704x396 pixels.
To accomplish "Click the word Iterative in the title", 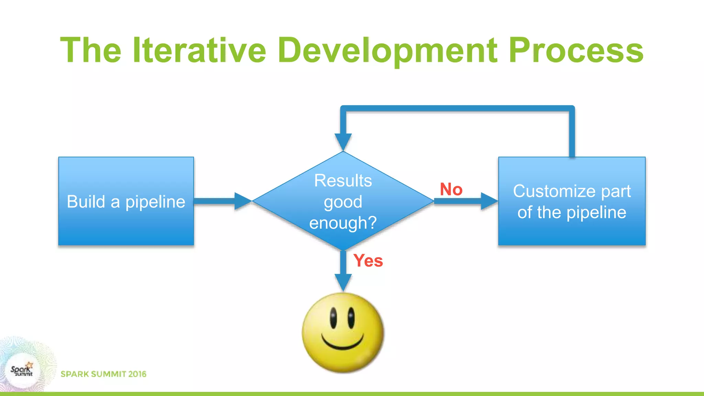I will pyautogui.click(x=199, y=51).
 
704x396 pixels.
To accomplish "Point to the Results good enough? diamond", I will pyautogui.click(x=343, y=201).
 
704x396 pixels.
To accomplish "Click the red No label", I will pyautogui.click(x=451, y=189).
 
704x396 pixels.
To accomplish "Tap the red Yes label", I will pyautogui.click(x=368, y=261).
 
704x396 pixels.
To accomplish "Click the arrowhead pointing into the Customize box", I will pyautogui.click(x=489, y=201).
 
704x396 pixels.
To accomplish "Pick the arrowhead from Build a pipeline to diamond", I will pyautogui.click(x=243, y=201).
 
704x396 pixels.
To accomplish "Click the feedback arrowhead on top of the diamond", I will pyautogui.click(x=343, y=141).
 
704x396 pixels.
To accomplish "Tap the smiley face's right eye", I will pyautogui.click(x=351, y=318).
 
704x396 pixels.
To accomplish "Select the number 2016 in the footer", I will pyautogui.click(x=137, y=374).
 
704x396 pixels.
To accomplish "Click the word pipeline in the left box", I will pyautogui.click(x=155, y=202).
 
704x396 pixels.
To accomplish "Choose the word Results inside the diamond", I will pyautogui.click(x=343, y=180).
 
